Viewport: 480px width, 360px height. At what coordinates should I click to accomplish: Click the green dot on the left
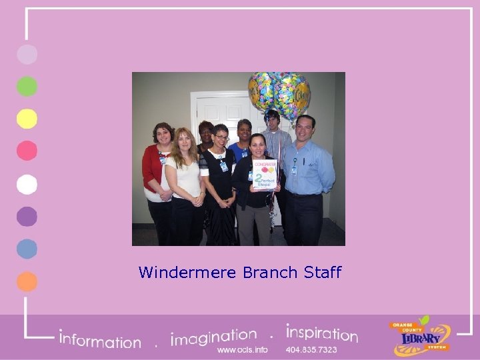(x=27, y=87)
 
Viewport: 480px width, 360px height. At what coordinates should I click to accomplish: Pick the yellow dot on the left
(x=27, y=119)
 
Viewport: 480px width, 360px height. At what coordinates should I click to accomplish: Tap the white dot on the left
(x=27, y=184)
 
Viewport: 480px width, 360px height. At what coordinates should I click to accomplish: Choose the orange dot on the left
(x=27, y=281)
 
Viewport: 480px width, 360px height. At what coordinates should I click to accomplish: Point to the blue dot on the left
(x=27, y=249)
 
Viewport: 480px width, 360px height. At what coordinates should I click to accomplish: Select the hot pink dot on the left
(x=27, y=152)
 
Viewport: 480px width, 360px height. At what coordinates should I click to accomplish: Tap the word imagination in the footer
(x=213, y=336)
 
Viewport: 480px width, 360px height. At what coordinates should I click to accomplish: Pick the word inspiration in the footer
(x=321, y=333)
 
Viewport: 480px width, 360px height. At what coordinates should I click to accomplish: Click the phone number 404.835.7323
(x=311, y=349)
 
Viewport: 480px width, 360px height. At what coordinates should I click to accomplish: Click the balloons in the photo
(x=279, y=93)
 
